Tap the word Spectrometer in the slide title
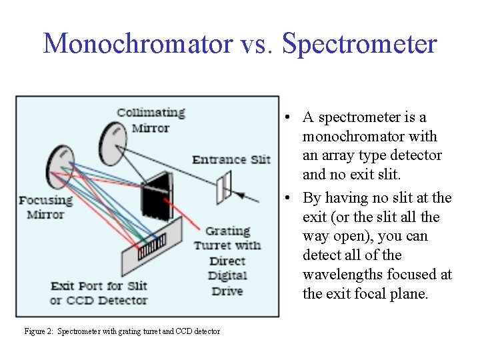[x=359, y=44]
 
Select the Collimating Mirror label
[x=151, y=120]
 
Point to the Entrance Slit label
[x=231, y=159]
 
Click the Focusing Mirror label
[x=45, y=207]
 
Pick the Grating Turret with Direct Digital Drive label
[x=227, y=261]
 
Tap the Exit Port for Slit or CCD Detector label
[x=99, y=293]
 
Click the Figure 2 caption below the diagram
[x=121, y=331]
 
